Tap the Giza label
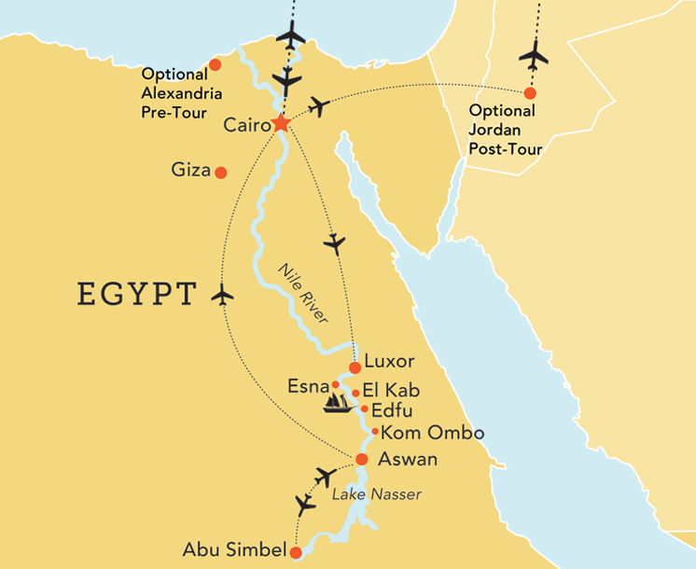pos(190,172)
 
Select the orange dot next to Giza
pos(221,173)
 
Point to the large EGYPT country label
pos(137,294)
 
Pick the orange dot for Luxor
pos(355,368)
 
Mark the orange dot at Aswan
pos(361,459)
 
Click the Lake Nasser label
pos(377,494)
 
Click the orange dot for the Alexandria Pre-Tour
pos(216,64)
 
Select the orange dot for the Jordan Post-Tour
pos(530,93)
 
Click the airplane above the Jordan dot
pos(535,55)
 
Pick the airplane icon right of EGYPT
pos(222,295)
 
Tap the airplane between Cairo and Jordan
pos(319,106)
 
